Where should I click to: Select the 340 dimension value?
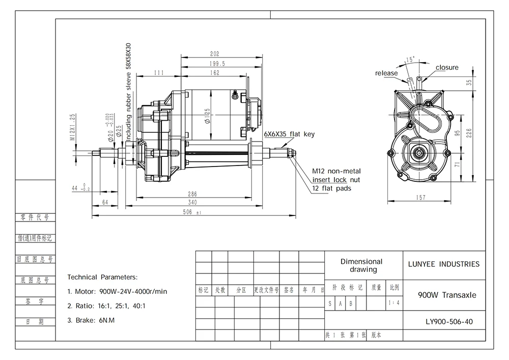(x=193, y=202)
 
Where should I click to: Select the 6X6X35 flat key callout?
(x=289, y=134)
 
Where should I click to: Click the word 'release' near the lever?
(x=386, y=73)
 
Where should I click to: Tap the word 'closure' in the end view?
(x=447, y=67)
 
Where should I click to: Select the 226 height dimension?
(x=470, y=133)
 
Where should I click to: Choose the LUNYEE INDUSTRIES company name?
(x=444, y=264)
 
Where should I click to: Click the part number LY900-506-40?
(x=444, y=321)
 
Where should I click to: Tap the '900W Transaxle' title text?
(x=444, y=295)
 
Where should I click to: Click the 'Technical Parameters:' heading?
(x=102, y=278)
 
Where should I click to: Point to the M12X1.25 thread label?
(x=73, y=127)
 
